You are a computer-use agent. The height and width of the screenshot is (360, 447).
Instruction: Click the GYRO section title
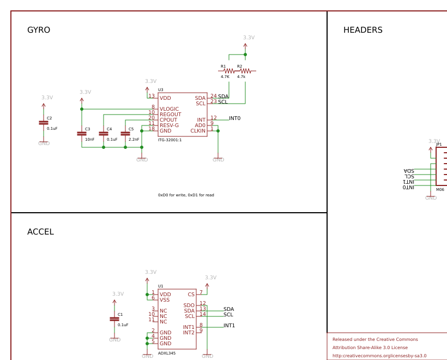[x=39, y=30]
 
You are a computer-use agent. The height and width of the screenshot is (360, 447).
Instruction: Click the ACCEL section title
[x=40, y=232]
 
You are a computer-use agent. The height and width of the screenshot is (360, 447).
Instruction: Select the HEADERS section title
[x=363, y=30]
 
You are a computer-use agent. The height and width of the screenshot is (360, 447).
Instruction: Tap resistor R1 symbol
[x=229, y=71]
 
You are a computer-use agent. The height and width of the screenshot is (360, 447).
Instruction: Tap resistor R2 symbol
[x=245, y=71]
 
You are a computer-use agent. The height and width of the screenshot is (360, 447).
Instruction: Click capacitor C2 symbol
[x=44, y=123]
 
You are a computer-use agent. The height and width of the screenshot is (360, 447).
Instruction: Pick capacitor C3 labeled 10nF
[x=82, y=133]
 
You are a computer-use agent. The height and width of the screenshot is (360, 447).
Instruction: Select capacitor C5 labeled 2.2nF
[x=125, y=133]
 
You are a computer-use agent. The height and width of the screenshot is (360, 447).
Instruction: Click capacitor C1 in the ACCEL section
[x=114, y=319]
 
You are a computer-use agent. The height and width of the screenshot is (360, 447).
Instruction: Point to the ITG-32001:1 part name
[x=170, y=140]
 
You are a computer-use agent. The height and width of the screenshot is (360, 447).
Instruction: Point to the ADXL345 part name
[x=166, y=353]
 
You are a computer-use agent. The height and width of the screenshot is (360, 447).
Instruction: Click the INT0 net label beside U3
[x=234, y=118]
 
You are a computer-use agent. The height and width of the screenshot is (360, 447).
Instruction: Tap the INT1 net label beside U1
[x=229, y=326]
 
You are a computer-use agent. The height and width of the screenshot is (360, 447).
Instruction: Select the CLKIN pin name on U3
[x=198, y=131]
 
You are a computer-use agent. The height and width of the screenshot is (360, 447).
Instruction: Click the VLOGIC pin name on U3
[x=169, y=109]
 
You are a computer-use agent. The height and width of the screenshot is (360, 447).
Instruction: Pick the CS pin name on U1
[x=191, y=295]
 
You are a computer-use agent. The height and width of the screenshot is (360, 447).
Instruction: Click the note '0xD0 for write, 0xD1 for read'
[x=186, y=195]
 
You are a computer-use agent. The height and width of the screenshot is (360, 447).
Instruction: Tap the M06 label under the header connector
[x=440, y=190]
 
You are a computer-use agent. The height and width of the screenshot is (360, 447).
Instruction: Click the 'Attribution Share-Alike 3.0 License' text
[x=370, y=347]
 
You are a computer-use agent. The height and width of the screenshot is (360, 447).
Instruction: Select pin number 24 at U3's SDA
[x=213, y=96]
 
